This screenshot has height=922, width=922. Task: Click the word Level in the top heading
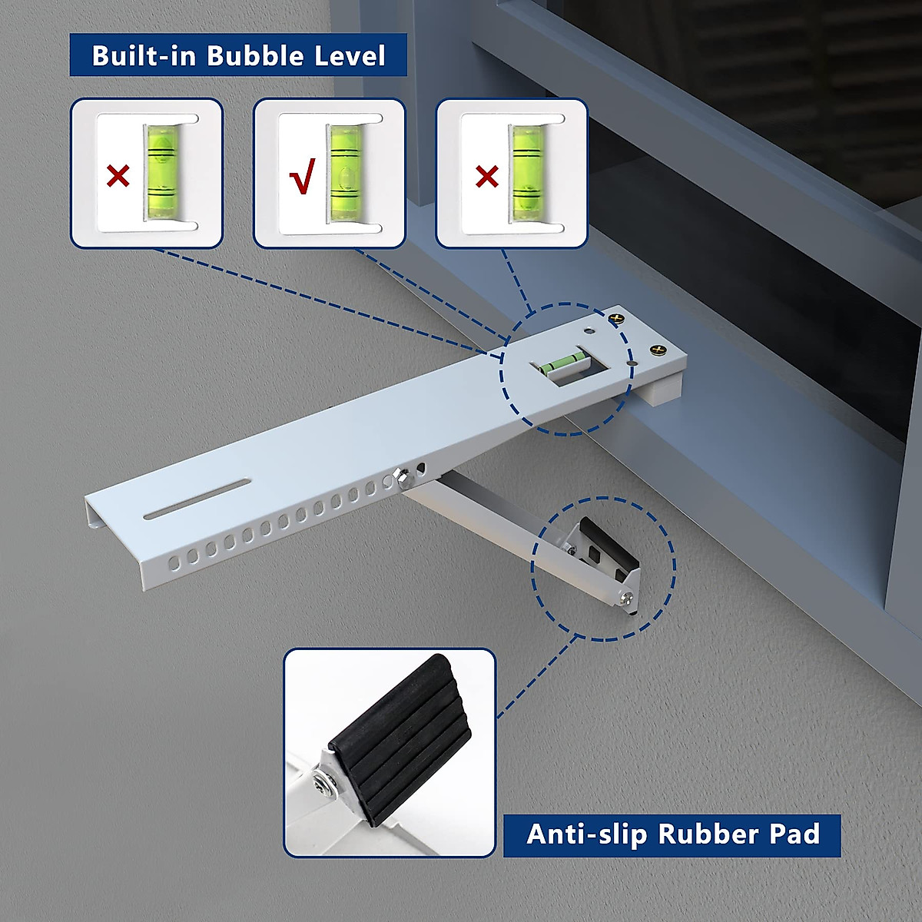tap(350, 56)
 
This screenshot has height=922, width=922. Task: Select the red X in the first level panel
tap(118, 177)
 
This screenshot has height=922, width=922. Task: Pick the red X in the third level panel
tap(487, 177)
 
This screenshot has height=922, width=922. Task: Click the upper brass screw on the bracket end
tap(615, 317)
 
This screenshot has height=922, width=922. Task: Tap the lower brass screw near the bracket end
tap(657, 351)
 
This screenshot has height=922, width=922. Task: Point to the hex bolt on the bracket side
tap(401, 479)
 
